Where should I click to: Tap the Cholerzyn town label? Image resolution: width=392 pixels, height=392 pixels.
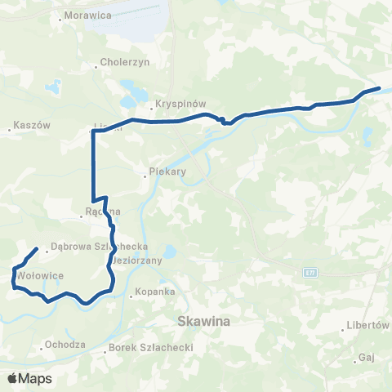click(122, 61)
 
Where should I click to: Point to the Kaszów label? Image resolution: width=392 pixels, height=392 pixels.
click(33, 126)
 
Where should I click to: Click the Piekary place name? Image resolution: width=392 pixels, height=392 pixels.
click(168, 172)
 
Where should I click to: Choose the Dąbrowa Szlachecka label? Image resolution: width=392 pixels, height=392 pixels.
click(98, 245)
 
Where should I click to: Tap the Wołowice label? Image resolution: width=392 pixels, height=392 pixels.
click(40, 275)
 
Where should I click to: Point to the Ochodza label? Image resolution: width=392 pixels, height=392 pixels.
click(65, 344)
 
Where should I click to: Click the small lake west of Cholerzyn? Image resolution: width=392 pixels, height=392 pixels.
click(51, 85)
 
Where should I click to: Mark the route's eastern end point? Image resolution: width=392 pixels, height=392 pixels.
click(380, 88)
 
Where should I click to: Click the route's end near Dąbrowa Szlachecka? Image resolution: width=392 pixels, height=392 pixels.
click(38, 248)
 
